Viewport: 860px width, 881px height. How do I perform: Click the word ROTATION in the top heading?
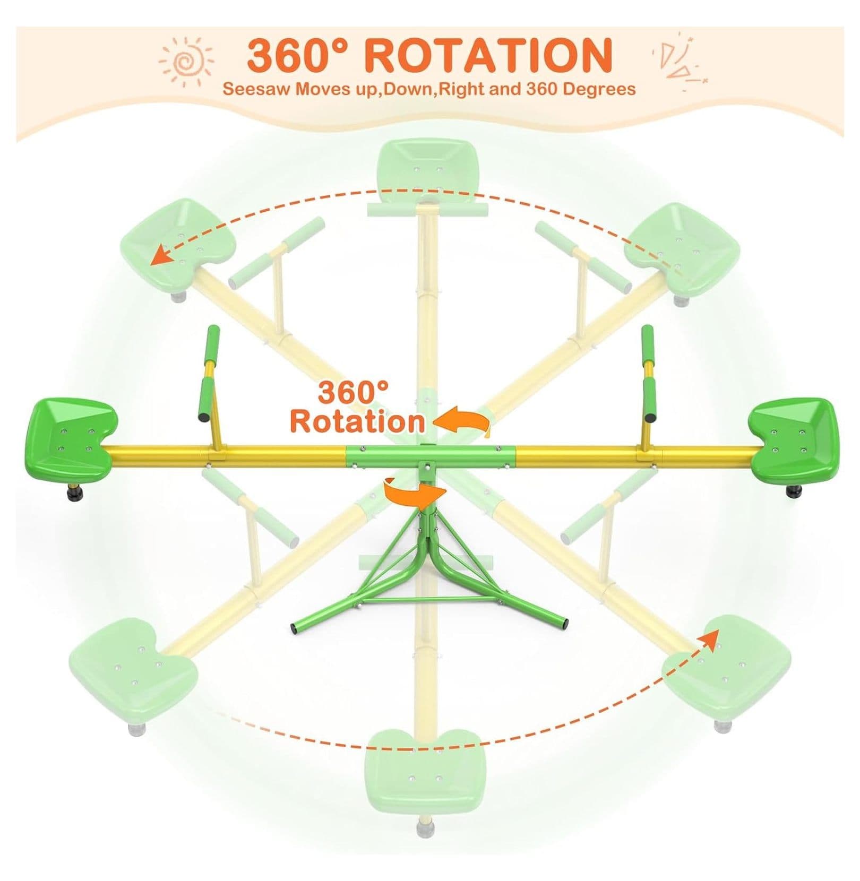489,54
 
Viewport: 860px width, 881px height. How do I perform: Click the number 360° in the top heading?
300,54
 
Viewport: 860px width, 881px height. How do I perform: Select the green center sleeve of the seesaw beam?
430,453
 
